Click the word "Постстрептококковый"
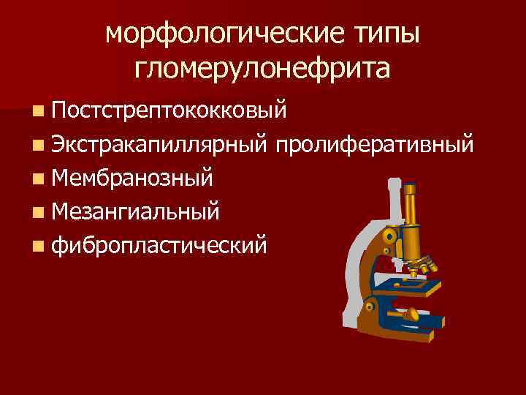click(x=169, y=112)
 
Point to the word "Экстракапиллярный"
click(x=161, y=144)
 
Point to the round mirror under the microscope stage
click(x=411, y=312)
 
